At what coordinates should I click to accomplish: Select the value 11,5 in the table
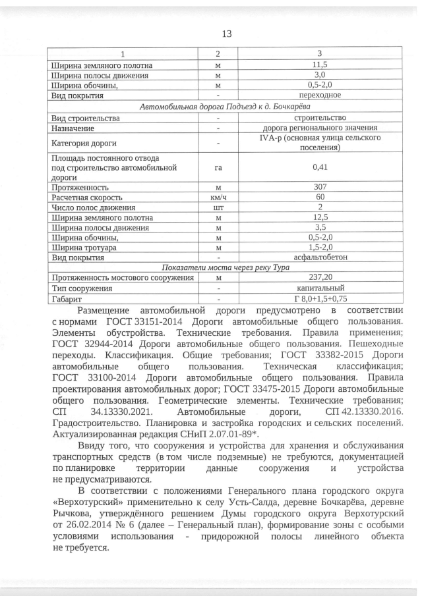(319, 65)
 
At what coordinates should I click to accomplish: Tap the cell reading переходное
(319, 95)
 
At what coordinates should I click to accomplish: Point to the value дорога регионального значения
(319, 127)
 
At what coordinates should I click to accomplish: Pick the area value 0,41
(319, 167)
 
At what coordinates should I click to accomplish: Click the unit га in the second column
(218, 167)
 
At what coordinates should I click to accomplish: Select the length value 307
(319, 187)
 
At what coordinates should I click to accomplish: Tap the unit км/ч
(218, 197)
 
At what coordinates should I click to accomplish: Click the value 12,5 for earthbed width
(319, 217)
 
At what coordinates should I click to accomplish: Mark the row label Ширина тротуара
(84, 247)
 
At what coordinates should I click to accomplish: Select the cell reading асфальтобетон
(319, 257)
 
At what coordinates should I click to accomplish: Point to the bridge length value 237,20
(319, 278)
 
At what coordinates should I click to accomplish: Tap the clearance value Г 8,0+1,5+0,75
(319, 298)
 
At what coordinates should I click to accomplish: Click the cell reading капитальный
(319, 288)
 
